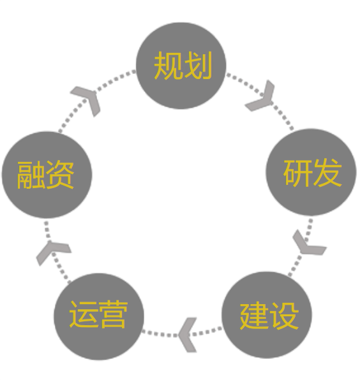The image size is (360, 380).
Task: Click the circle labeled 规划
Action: point(181,66)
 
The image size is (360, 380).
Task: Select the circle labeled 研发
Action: point(311,172)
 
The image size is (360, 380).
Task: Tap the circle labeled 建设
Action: point(267,315)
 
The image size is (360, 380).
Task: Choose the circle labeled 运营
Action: point(99,316)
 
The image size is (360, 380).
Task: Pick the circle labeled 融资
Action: point(47,175)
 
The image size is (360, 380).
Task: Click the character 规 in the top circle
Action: point(168,66)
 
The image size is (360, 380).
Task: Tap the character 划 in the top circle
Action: point(198,66)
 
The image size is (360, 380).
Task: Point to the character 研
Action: point(298,173)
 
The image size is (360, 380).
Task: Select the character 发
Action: point(327,173)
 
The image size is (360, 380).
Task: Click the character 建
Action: point(254,316)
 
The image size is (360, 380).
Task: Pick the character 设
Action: point(284,316)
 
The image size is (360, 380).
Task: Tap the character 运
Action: point(84,314)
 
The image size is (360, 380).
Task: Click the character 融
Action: point(31,175)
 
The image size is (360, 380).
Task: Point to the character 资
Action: point(60,175)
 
